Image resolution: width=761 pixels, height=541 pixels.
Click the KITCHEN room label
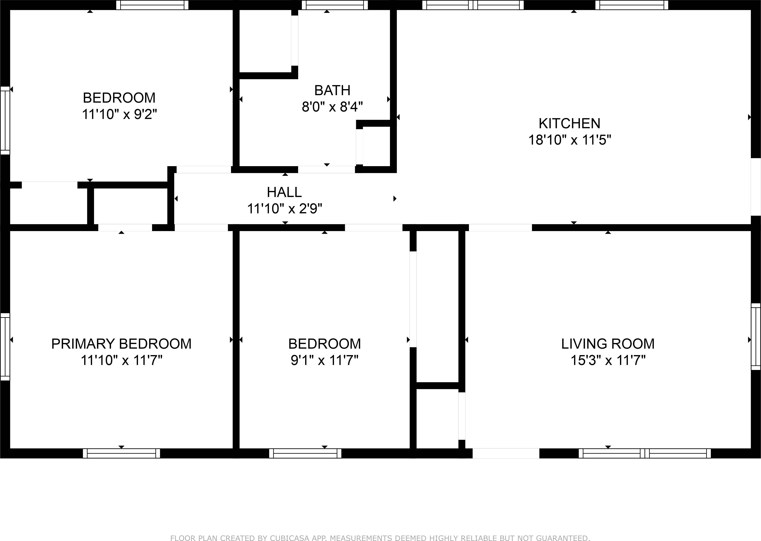(x=569, y=124)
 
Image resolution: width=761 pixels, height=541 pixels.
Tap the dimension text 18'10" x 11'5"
(x=569, y=140)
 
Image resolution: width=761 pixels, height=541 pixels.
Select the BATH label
(x=332, y=91)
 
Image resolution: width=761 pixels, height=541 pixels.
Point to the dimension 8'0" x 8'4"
(x=332, y=107)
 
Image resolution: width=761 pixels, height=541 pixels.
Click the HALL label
(x=284, y=192)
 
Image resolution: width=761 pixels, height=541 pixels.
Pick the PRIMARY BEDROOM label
(x=121, y=344)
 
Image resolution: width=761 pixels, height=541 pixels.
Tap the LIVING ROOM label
(x=608, y=344)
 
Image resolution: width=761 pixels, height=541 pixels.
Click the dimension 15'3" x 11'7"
(x=608, y=361)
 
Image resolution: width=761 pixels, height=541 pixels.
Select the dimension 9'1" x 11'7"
(x=325, y=361)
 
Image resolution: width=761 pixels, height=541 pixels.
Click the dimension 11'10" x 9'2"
(x=119, y=114)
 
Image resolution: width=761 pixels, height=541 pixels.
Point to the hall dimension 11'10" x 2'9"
(x=284, y=209)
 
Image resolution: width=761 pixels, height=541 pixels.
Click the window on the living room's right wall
(x=756, y=337)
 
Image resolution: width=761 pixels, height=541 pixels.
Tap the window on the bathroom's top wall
(x=335, y=5)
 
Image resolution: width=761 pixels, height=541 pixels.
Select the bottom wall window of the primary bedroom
(x=121, y=453)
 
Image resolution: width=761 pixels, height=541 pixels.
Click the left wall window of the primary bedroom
(x=5, y=346)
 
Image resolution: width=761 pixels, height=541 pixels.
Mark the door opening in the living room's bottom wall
(x=506, y=453)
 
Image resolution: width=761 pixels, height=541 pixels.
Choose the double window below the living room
(x=645, y=453)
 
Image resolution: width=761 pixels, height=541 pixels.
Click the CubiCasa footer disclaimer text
(x=380, y=537)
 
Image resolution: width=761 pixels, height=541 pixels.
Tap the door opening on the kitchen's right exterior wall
(x=756, y=191)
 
